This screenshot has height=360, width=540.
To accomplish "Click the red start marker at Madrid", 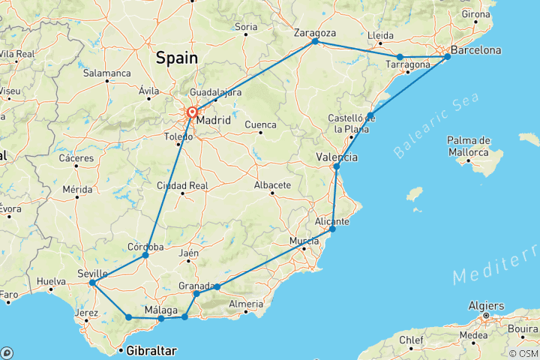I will point(192,113).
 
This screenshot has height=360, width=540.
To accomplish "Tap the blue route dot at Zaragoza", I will point(315,42).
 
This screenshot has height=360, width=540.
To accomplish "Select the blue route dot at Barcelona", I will point(448,56).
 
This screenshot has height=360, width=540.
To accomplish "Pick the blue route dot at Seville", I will point(91,283).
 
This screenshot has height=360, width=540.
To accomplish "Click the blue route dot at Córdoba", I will point(145,256).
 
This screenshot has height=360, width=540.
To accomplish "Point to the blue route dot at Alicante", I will point(332,229).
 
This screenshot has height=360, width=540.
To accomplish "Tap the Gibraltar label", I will point(151,351).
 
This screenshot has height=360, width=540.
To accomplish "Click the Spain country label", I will point(177,58).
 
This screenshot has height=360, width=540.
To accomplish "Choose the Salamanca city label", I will point(107,73).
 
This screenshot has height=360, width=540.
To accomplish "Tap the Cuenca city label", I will point(260,124).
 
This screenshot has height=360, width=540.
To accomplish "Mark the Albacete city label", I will point(272,184).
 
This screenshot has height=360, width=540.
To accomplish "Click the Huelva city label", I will point(52,282).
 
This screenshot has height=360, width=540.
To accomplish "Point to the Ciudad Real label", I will point(181,185).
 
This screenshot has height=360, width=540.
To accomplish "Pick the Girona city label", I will point(476,14).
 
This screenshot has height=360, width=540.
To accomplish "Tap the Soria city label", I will point(247,27).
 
